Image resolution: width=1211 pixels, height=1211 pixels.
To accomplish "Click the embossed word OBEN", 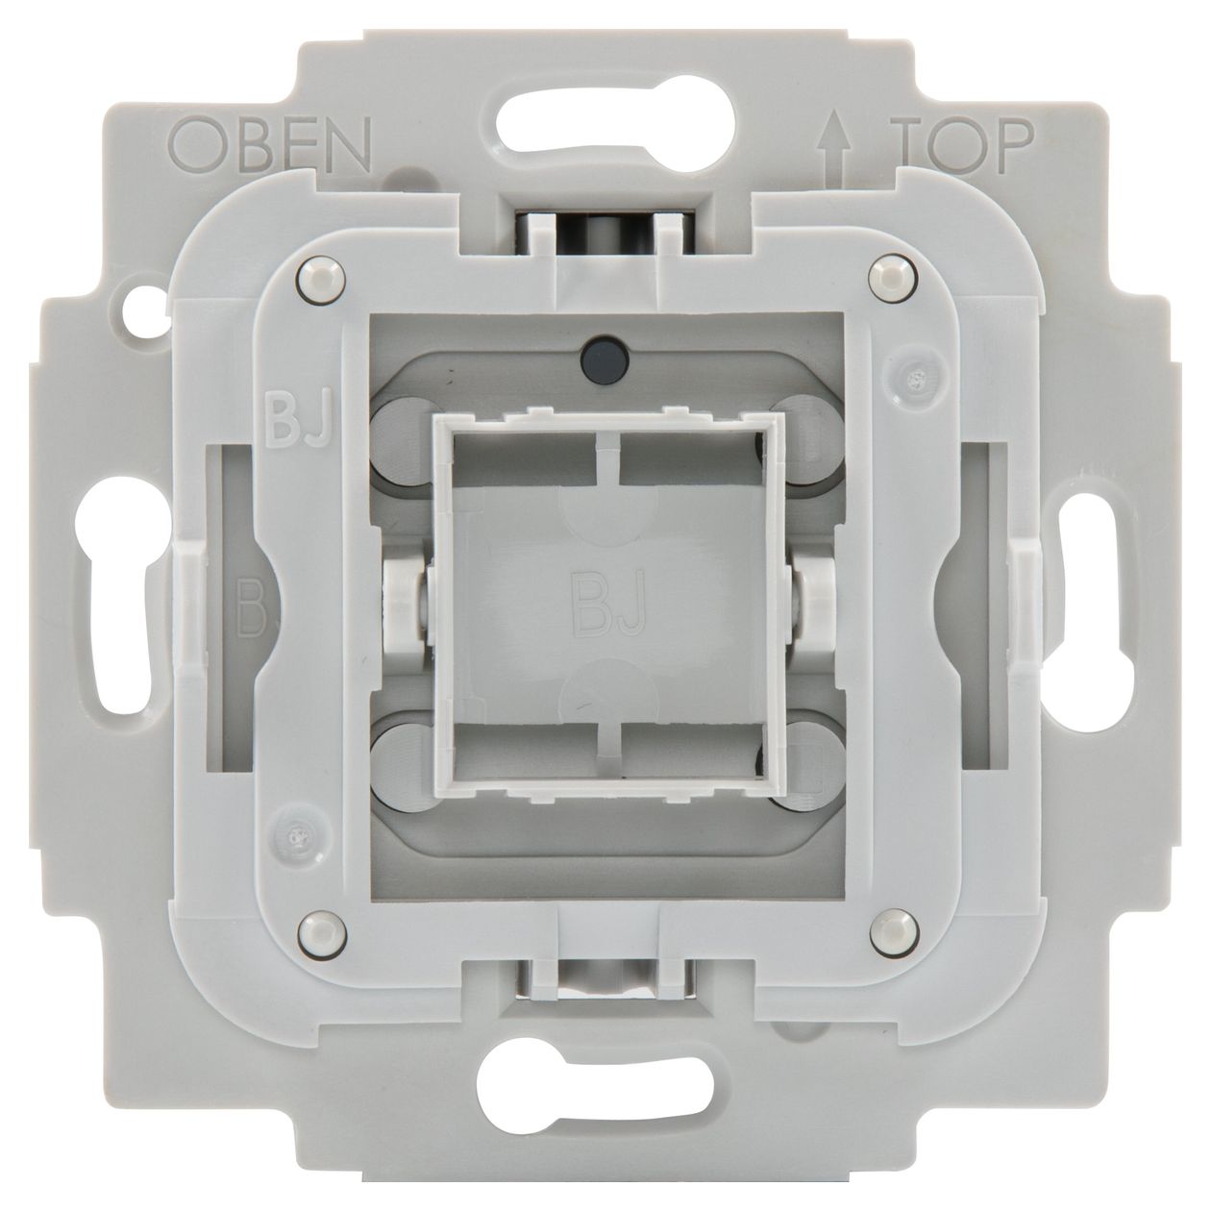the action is point(271,146).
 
